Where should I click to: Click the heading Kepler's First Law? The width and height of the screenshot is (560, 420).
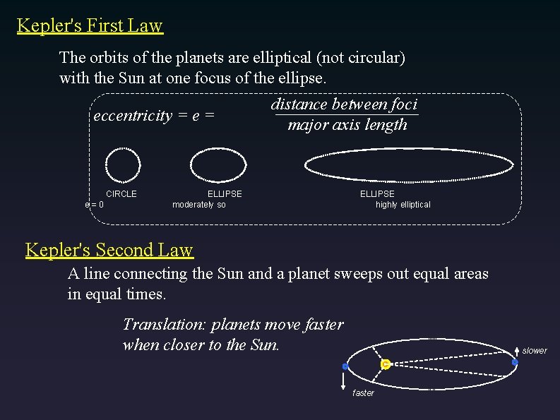point(90,26)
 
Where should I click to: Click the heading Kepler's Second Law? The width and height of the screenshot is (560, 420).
point(109,250)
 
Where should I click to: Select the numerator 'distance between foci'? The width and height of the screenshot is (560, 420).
point(344,104)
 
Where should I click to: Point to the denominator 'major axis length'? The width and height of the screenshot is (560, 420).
point(347,125)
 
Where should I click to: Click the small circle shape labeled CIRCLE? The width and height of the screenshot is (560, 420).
point(123,165)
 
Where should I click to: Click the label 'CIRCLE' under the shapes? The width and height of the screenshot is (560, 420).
point(121,193)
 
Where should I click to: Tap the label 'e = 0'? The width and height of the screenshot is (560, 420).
point(95,205)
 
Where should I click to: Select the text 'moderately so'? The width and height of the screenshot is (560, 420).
point(199,205)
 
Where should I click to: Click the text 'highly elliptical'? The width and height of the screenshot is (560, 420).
point(403,205)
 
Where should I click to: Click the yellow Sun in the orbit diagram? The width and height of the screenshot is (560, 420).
point(385,364)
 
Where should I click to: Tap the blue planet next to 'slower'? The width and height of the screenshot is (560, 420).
point(515,362)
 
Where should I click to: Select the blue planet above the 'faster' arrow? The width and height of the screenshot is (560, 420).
point(345,366)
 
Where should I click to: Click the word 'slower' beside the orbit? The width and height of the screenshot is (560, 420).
point(535,351)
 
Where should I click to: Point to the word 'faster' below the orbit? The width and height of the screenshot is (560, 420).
point(363,393)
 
